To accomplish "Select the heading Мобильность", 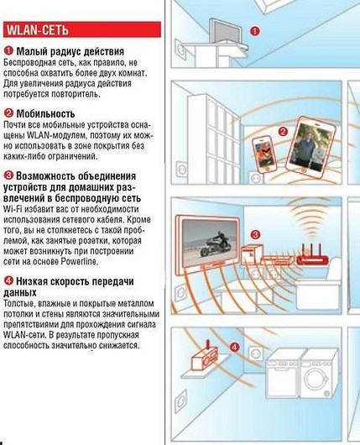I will pos(46,113).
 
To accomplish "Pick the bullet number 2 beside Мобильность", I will pos(8,113).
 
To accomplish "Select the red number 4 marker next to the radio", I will pos(234,345).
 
